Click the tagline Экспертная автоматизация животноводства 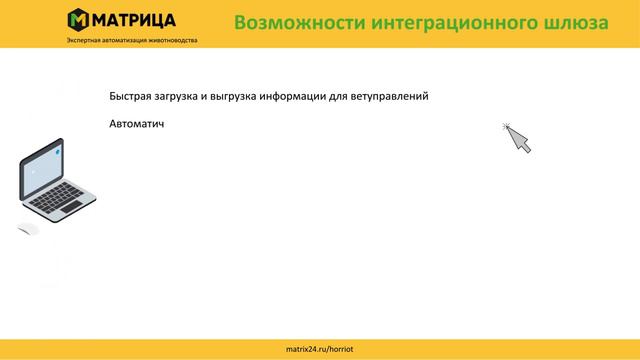(132, 40)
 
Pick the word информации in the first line (314, 97)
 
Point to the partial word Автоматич (136, 125)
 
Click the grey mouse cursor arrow (517, 138)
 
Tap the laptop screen (45, 165)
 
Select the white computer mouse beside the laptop (28, 230)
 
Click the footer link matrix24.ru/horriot (319, 349)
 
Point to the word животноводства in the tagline (173, 40)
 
